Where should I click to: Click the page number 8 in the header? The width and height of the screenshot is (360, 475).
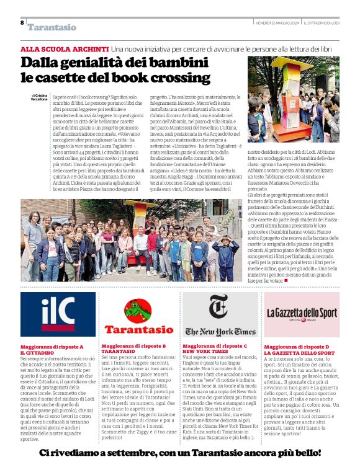click(x=22, y=23)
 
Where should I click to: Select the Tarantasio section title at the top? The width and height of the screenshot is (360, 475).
click(x=52, y=27)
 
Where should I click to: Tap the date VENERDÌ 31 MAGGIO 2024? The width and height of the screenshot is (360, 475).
click(x=277, y=22)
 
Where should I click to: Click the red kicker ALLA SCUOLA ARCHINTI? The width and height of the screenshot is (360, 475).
click(x=65, y=48)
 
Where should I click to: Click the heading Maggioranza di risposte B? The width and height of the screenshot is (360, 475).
click(x=133, y=345)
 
